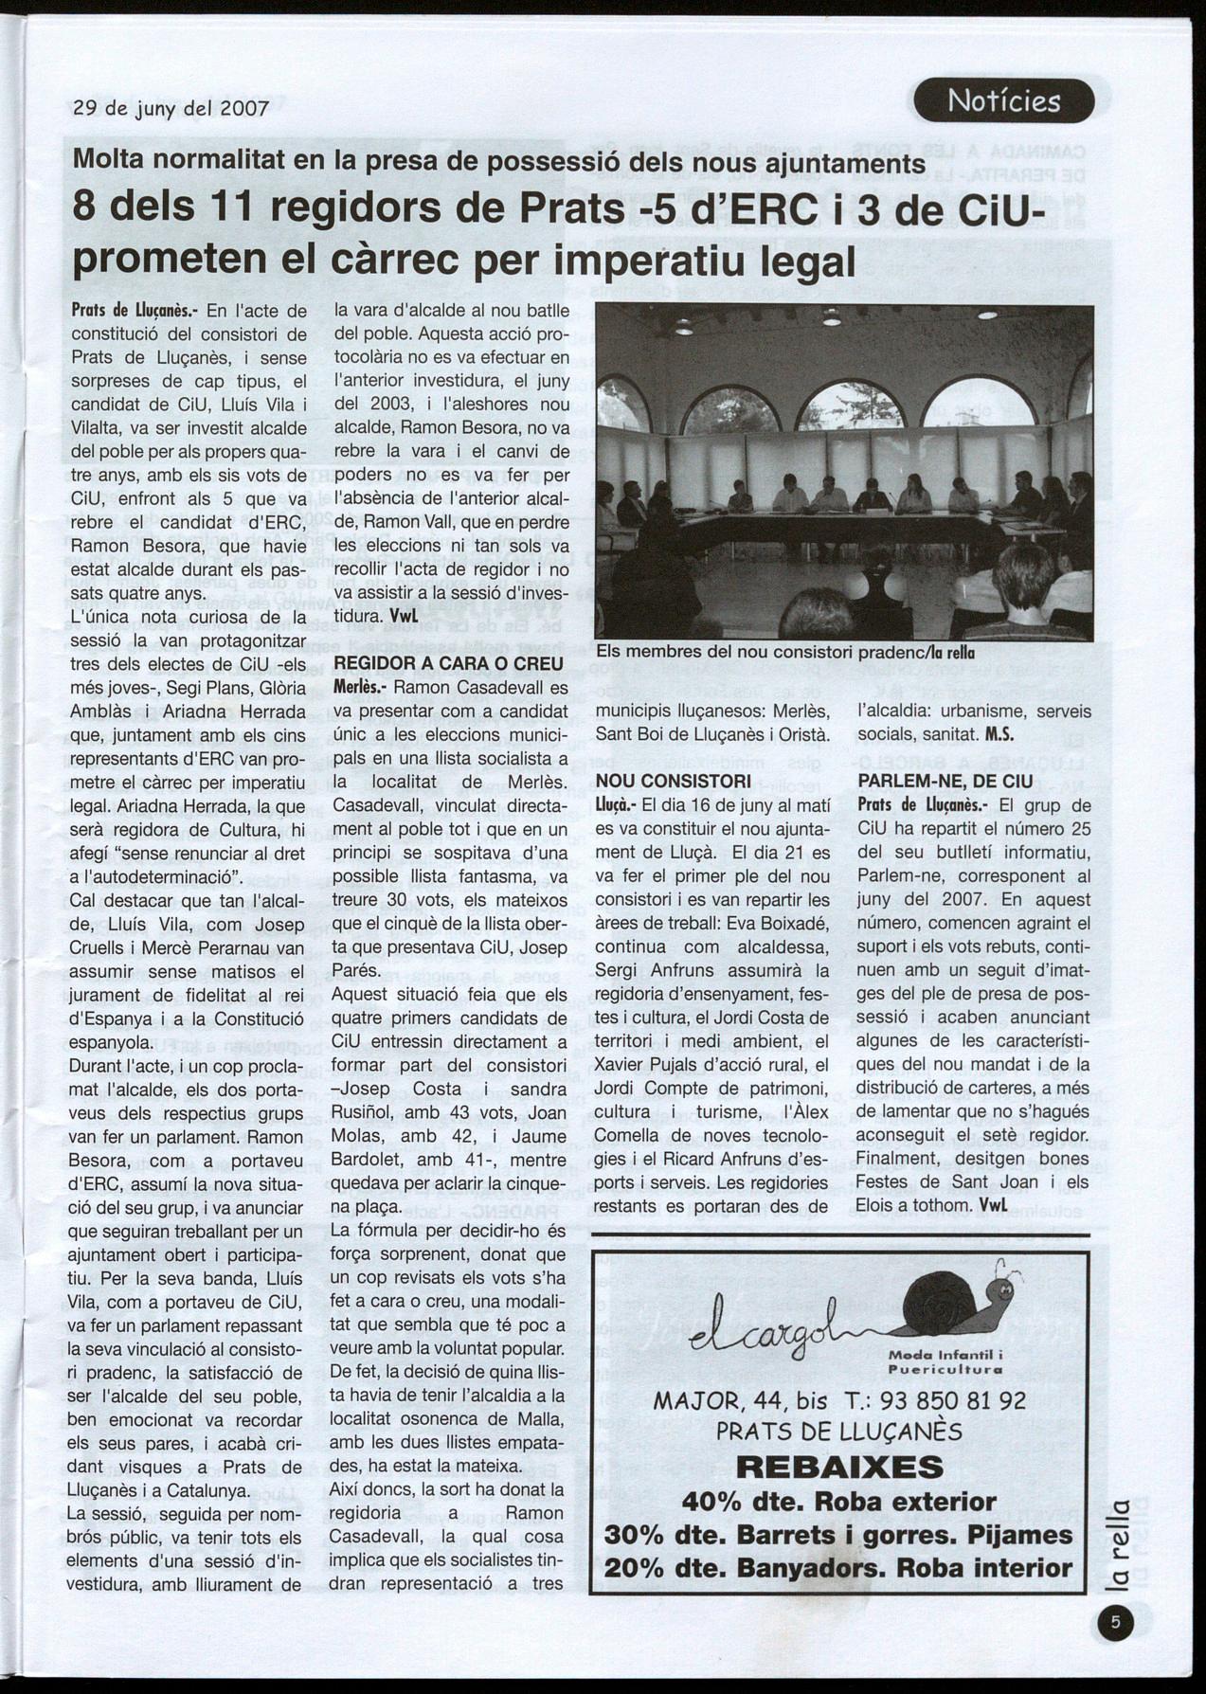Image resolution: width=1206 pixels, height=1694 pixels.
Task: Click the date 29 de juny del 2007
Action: point(171,108)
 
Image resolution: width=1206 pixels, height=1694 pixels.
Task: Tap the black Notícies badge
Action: point(1003,101)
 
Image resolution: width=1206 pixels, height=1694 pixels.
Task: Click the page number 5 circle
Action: point(1115,1623)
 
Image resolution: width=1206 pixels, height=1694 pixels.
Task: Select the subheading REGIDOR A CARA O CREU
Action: point(449,663)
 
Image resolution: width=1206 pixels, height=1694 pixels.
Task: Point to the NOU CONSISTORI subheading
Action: point(674,782)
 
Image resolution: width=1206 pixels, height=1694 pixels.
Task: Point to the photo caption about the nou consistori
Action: point(785,652)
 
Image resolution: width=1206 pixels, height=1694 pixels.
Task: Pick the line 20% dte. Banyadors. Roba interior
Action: point(838,1567)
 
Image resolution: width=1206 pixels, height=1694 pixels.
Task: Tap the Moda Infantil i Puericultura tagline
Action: point(945,1362)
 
